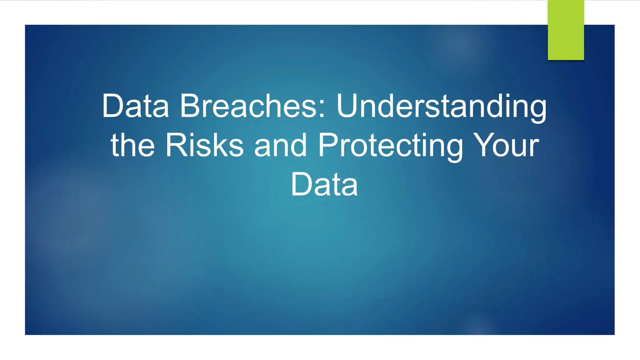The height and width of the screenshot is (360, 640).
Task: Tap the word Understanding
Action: coord(441,106)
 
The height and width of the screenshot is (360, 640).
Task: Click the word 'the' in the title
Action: coord(132,145)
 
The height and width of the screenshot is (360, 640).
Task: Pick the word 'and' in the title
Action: coord(280,145)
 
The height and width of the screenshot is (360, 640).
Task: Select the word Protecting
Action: coord(390,145)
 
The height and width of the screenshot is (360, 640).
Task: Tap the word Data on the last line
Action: coord(324,184)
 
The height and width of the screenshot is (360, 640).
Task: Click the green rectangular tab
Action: coord(566,30)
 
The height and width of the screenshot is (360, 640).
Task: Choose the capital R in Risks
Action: coord(176,145)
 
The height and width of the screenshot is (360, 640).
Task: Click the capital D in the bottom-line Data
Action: coord(302,184)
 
